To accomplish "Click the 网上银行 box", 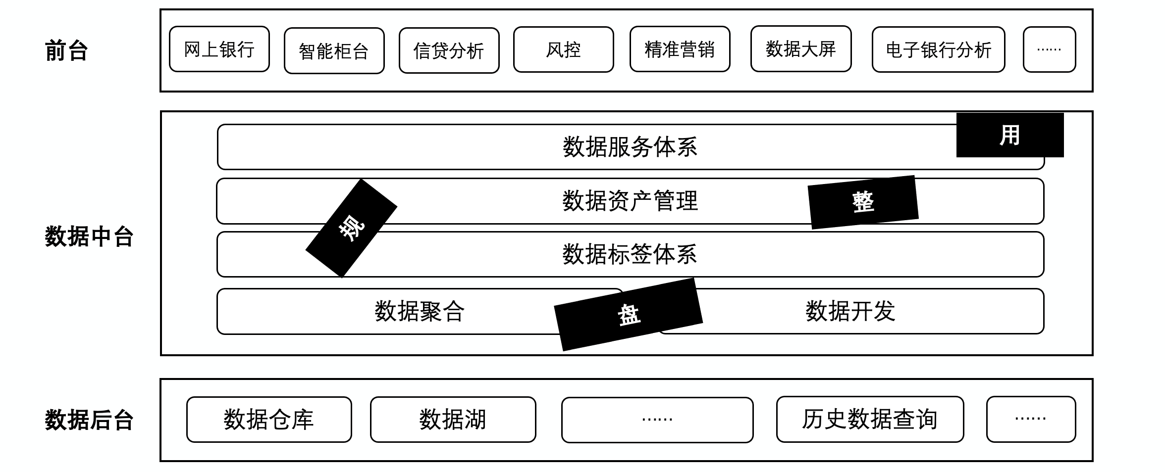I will (x=219, y=49).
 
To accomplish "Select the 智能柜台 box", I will (x=334, y=51).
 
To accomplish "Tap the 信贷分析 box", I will (x=449, y=51).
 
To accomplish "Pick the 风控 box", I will (x=563, y=49).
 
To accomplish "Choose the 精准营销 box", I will (x=680, y=49).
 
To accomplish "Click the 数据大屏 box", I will (x=800, y=49).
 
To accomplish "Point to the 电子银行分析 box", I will (x=938, y=50).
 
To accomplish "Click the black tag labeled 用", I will (x=1009, y=135).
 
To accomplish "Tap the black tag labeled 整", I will (x=863, y=202).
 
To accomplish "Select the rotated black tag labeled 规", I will (x=351, y=228).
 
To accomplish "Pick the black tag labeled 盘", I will (x=628, y=315).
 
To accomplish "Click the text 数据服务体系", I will (x=630, y=147).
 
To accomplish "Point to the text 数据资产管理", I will (x=630, y=201).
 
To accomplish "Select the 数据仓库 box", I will (x=269, y=420).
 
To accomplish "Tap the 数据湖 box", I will (x=453, y=420).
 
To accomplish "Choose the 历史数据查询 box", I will (x=870, y=420).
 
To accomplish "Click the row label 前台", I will (x=66, y=51).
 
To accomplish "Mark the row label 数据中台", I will (x=89, y=236).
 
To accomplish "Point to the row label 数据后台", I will (x=89, y=420).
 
